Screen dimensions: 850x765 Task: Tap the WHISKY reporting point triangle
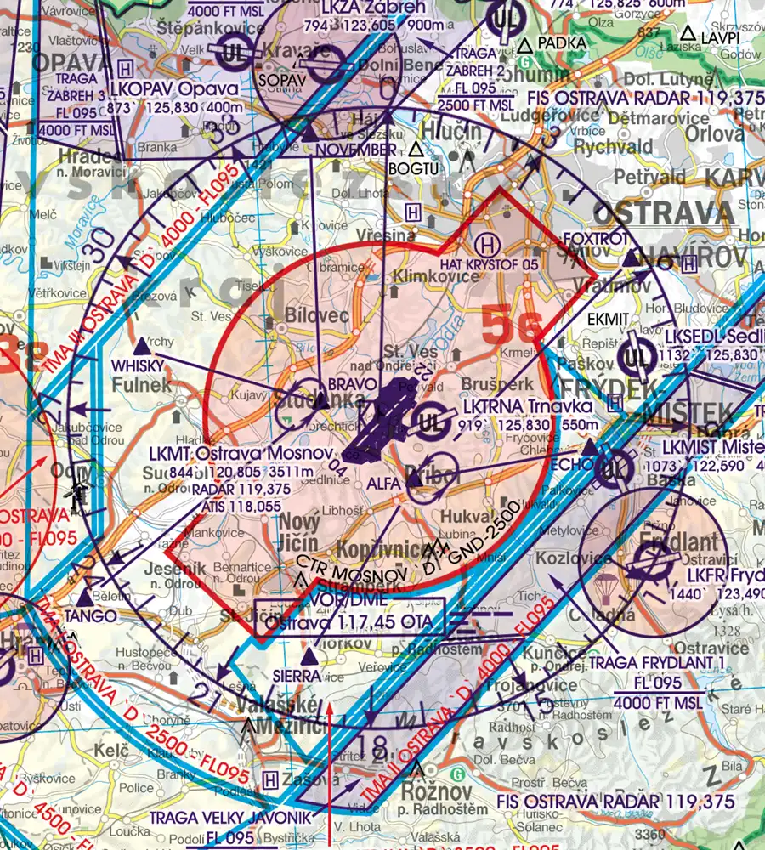click(x=143, y=347)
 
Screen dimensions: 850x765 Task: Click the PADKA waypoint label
click(x=562, y=42)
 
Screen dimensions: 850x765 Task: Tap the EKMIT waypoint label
click(x=609, y=318)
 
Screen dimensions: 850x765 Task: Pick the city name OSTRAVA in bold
click(x=663, y=212)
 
